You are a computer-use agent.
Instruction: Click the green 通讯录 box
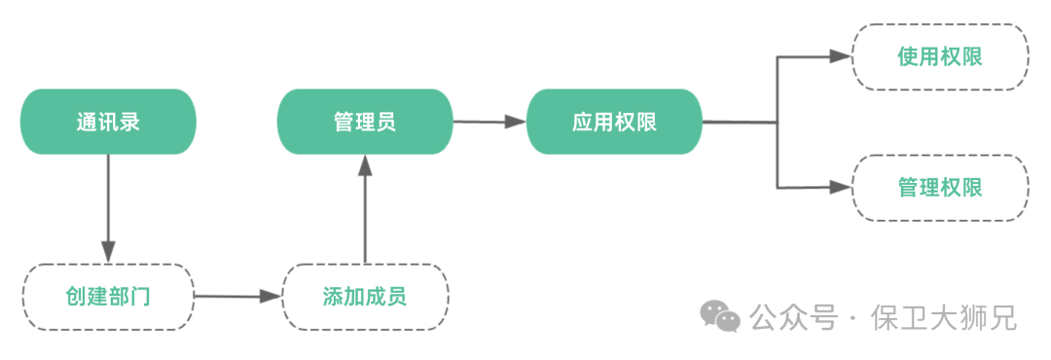[x=109, y=122]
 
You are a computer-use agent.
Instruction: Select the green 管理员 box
[x=365, y=122]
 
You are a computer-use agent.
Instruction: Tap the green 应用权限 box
[x=614, y=122]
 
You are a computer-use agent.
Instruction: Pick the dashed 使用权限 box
[x=940, y=57]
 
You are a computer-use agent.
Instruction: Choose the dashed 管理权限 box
[x=940, y=188]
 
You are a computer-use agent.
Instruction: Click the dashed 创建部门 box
[x=108, y=297]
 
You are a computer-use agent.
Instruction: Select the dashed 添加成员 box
[x=365, y=297]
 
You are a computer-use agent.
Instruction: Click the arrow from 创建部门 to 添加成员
[x=236, y=296]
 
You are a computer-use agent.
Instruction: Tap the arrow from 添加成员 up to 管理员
[x=365, y=208]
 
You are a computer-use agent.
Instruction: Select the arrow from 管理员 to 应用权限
[x=489, y=122]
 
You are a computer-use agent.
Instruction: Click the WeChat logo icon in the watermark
[x=720, y=316]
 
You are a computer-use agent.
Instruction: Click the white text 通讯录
[x=108, y=122]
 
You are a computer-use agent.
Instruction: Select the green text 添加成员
[x=365, y=297]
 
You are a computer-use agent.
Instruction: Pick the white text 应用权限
[x=614, y=122]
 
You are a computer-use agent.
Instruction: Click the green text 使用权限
[x=940, y=57]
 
